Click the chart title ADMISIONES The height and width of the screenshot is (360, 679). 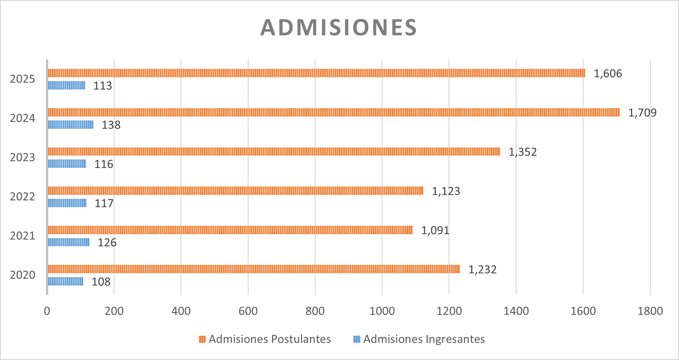(339, 28)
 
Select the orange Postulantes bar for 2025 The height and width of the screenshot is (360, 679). (316, 73)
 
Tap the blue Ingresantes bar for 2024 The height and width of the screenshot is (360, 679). (71, 125)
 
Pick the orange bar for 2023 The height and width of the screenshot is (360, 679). (274, 151)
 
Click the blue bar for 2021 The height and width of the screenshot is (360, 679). (69, 242)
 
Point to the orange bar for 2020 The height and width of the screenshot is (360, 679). (254, 269)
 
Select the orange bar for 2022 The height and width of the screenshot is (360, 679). (235, 191)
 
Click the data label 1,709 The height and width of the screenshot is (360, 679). (642, 113)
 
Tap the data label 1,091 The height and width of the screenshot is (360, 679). (435, 230)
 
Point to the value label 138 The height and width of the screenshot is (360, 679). (111, 125)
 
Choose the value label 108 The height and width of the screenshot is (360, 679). (101, 282)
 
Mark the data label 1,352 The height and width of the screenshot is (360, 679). (522, 152)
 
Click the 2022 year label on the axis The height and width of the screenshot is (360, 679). (22, 197)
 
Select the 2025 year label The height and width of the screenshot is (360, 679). (22, 79)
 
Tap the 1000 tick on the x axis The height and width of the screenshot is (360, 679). (382, 311)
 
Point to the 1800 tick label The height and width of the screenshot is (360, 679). (650, 311)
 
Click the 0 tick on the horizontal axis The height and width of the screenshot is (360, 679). (47, 311)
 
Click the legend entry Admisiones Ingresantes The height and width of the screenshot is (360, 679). (424, 339)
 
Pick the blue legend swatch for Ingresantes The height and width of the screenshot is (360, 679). (357, 339)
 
